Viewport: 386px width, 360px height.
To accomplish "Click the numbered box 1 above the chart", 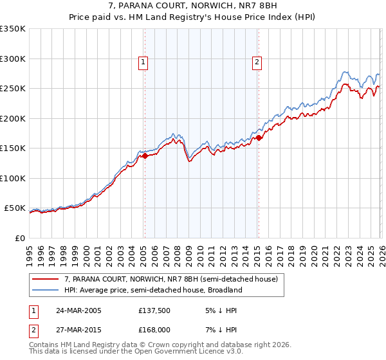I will (x=143, y=62).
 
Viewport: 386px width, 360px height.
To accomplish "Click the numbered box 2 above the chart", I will (x=257, y=62).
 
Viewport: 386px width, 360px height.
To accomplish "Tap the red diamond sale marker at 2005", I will (x=145, y=156).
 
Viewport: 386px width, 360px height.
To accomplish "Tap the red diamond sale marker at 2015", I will (x=259, y=137).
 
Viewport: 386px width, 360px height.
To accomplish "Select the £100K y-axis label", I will (x=13, y=178).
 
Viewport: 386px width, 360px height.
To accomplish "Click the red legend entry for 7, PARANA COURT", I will (x=170, y=279).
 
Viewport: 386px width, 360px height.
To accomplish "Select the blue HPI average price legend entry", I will (x=152, y=290).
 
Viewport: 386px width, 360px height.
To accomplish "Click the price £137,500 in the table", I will (x=154, y=310).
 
